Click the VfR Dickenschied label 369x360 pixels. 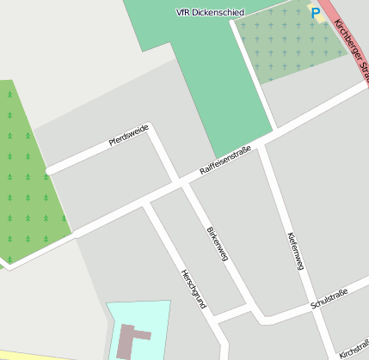point(210,13)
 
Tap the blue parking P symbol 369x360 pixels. point(316,14)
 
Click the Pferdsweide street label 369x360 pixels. point(129,136)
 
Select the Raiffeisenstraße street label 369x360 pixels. point(225,161)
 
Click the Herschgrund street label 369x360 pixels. point(193,289)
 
